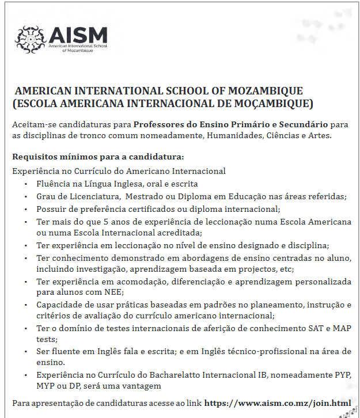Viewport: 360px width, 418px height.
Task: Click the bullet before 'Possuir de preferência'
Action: click(x=25, y=208)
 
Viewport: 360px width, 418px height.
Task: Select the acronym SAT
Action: click(x=317, y=328)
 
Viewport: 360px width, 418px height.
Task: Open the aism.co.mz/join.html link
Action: click(x=277, y=402)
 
